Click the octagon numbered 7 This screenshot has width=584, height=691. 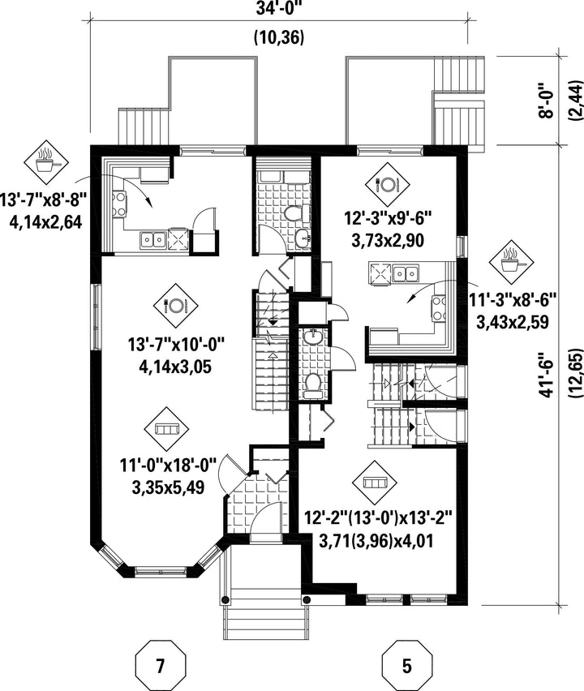click(x=160, y=665)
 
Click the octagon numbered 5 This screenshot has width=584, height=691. click(x=407, y=665)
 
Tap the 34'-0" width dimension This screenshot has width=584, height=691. click(x=279, y=9)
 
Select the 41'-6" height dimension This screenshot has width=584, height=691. click(x=547, y=375)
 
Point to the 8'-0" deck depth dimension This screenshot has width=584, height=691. click(x=547, y=100)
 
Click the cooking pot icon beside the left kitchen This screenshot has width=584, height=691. click(x=46, y=162)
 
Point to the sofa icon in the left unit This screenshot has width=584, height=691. click(x=166, y=428)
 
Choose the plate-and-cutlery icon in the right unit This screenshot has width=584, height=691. click(x=388, y=184)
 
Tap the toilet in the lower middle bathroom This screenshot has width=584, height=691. click(x=312, y=382)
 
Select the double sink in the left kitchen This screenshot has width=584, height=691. click(x=152, y=240)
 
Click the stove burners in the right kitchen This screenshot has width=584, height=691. click(x=439, y=308)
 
